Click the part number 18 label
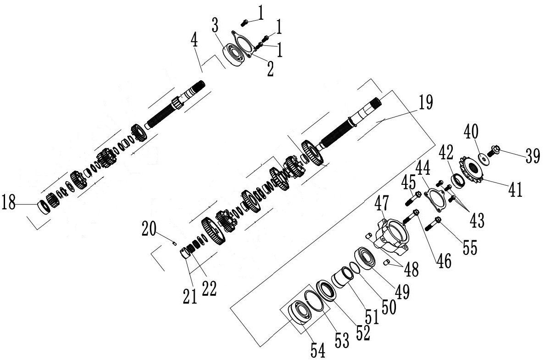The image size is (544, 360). coord(9,202)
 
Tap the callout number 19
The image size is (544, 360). coord(426,102)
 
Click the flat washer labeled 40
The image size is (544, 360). coord(483,158)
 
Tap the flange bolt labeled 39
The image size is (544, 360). coord(493,151)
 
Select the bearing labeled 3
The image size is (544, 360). coord(233,55)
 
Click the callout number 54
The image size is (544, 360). coord(318,350)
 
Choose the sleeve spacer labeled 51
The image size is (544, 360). coord(342,278)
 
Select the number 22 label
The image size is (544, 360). coord(209,288)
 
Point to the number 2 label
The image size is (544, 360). coord(269,69)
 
